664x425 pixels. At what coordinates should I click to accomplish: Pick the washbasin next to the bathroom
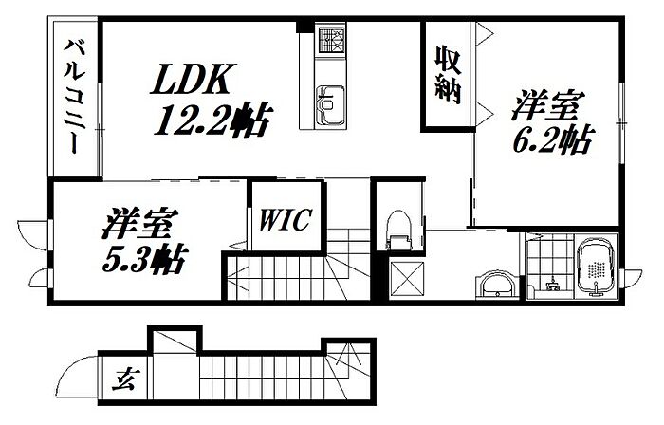point(495,285)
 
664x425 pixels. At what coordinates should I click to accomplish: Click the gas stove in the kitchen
point(331,41)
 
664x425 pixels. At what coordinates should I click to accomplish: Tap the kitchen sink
point(330,99)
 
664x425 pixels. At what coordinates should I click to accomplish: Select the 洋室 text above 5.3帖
point(138,225)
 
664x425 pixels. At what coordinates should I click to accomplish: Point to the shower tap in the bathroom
point(550,280)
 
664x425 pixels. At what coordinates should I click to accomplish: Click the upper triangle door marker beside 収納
point(484,36)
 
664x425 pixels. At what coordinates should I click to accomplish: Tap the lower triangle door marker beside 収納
point(484,112)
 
